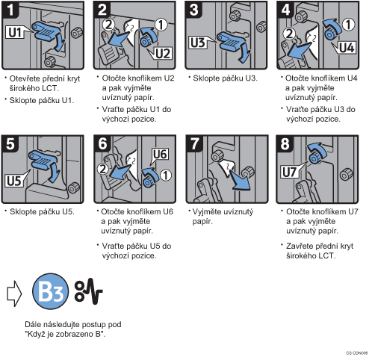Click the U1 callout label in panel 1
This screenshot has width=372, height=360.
(x=16, y=32)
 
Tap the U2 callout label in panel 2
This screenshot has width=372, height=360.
(x=163, y=53)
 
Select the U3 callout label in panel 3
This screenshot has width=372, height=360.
(x=198, y=43)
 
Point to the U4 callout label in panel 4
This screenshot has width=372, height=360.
(x=347, y=47)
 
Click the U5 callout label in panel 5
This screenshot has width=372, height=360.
(x=14, y=181)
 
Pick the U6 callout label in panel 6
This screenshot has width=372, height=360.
(x=160, y=154)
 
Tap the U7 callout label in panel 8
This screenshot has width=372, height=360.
(x=290, y=172)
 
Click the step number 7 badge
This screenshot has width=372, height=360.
(x=195, y=144)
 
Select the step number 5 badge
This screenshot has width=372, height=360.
(x=10, y=144)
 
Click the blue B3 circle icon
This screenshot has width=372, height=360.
(x=51, y=291)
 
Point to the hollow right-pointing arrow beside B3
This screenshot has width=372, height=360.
(x=14, y=294)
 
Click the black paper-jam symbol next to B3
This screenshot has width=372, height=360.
(x=89, y=291)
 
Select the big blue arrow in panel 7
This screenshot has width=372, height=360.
(x=240, y=179)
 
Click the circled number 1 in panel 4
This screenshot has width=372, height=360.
(x=348, y=25)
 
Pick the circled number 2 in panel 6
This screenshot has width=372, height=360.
(x=102, y=169)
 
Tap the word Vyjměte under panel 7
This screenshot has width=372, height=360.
(x=208, y=212)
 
